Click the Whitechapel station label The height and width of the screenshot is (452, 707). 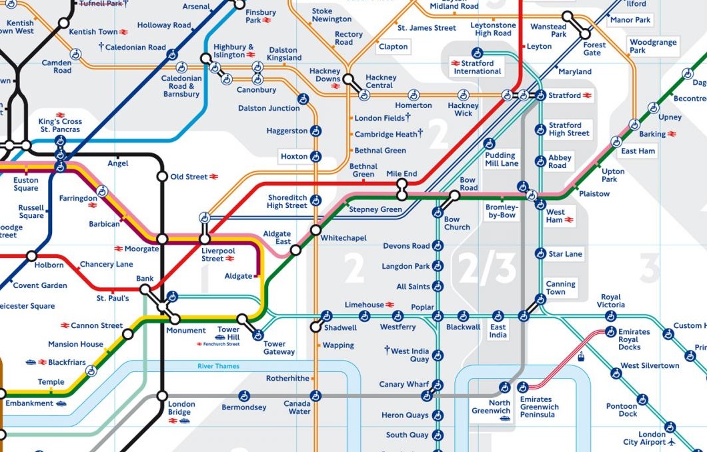pos(343,238)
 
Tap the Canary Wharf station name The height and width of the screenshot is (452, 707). pos(404,385)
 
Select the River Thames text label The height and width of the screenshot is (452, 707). pos(218,367)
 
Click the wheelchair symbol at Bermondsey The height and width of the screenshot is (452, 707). pos(244,395)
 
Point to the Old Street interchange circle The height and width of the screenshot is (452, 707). pos(162,177)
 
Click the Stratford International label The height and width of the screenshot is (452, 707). pos(477,67)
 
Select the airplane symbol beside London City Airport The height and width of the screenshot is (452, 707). pos(671,442)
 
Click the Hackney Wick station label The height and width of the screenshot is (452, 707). pos(463,109)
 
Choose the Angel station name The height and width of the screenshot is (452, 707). pos(117,163)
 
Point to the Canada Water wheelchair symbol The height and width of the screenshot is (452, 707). pos(316,395)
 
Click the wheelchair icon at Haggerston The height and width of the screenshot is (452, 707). pos(316,131)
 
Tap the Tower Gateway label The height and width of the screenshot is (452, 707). pos(279,348)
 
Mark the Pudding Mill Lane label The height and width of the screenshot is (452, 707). pos(502,159)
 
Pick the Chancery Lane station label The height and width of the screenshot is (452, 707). pos(106,265)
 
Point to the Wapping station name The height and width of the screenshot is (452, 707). pos(338,345)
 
